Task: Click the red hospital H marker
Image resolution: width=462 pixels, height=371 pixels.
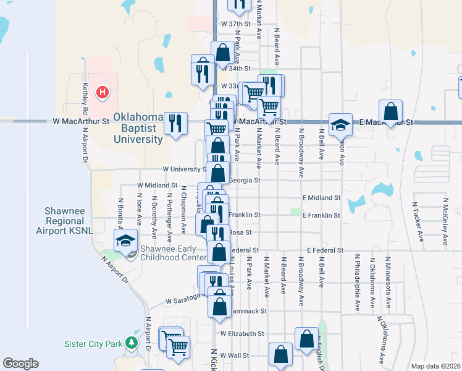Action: tap(103, 93)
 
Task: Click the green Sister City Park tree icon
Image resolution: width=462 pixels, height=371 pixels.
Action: tap(130, 343)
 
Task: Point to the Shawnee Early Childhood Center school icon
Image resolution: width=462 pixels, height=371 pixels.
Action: tap(127, 240)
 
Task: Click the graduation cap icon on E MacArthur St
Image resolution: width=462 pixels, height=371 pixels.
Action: tap(340, 124)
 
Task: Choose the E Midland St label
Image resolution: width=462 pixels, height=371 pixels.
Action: tap(321, 198)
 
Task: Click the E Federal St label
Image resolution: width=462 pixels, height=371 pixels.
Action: tap(325, 250)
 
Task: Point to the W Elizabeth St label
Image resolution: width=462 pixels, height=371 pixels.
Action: tap(242, 333)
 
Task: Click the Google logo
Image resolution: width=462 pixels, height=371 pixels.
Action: tap(21, 364)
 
